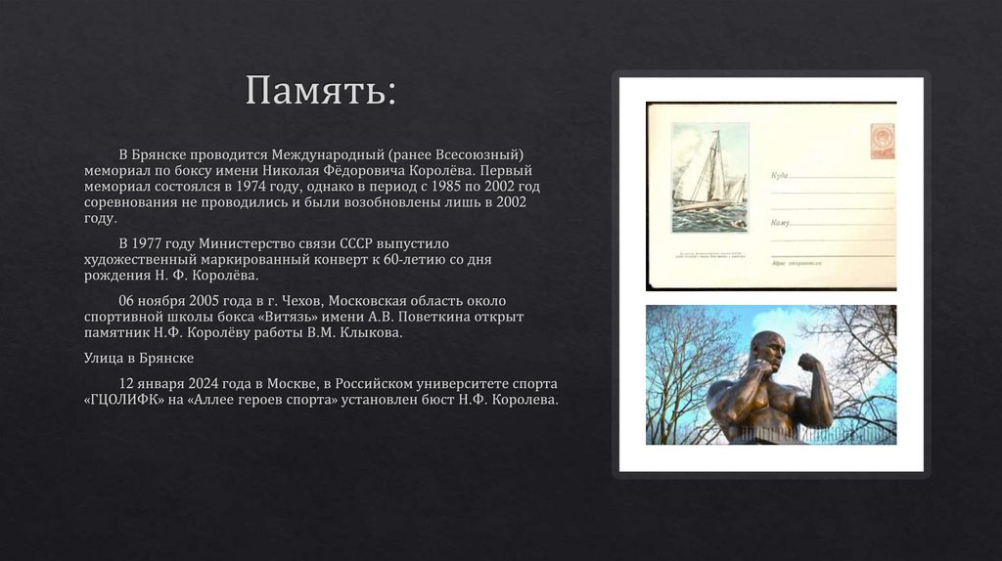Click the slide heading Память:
coord(320,91)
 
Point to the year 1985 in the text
coord(448,186)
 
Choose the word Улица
coord(104,359)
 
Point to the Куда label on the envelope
coord(780,176)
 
